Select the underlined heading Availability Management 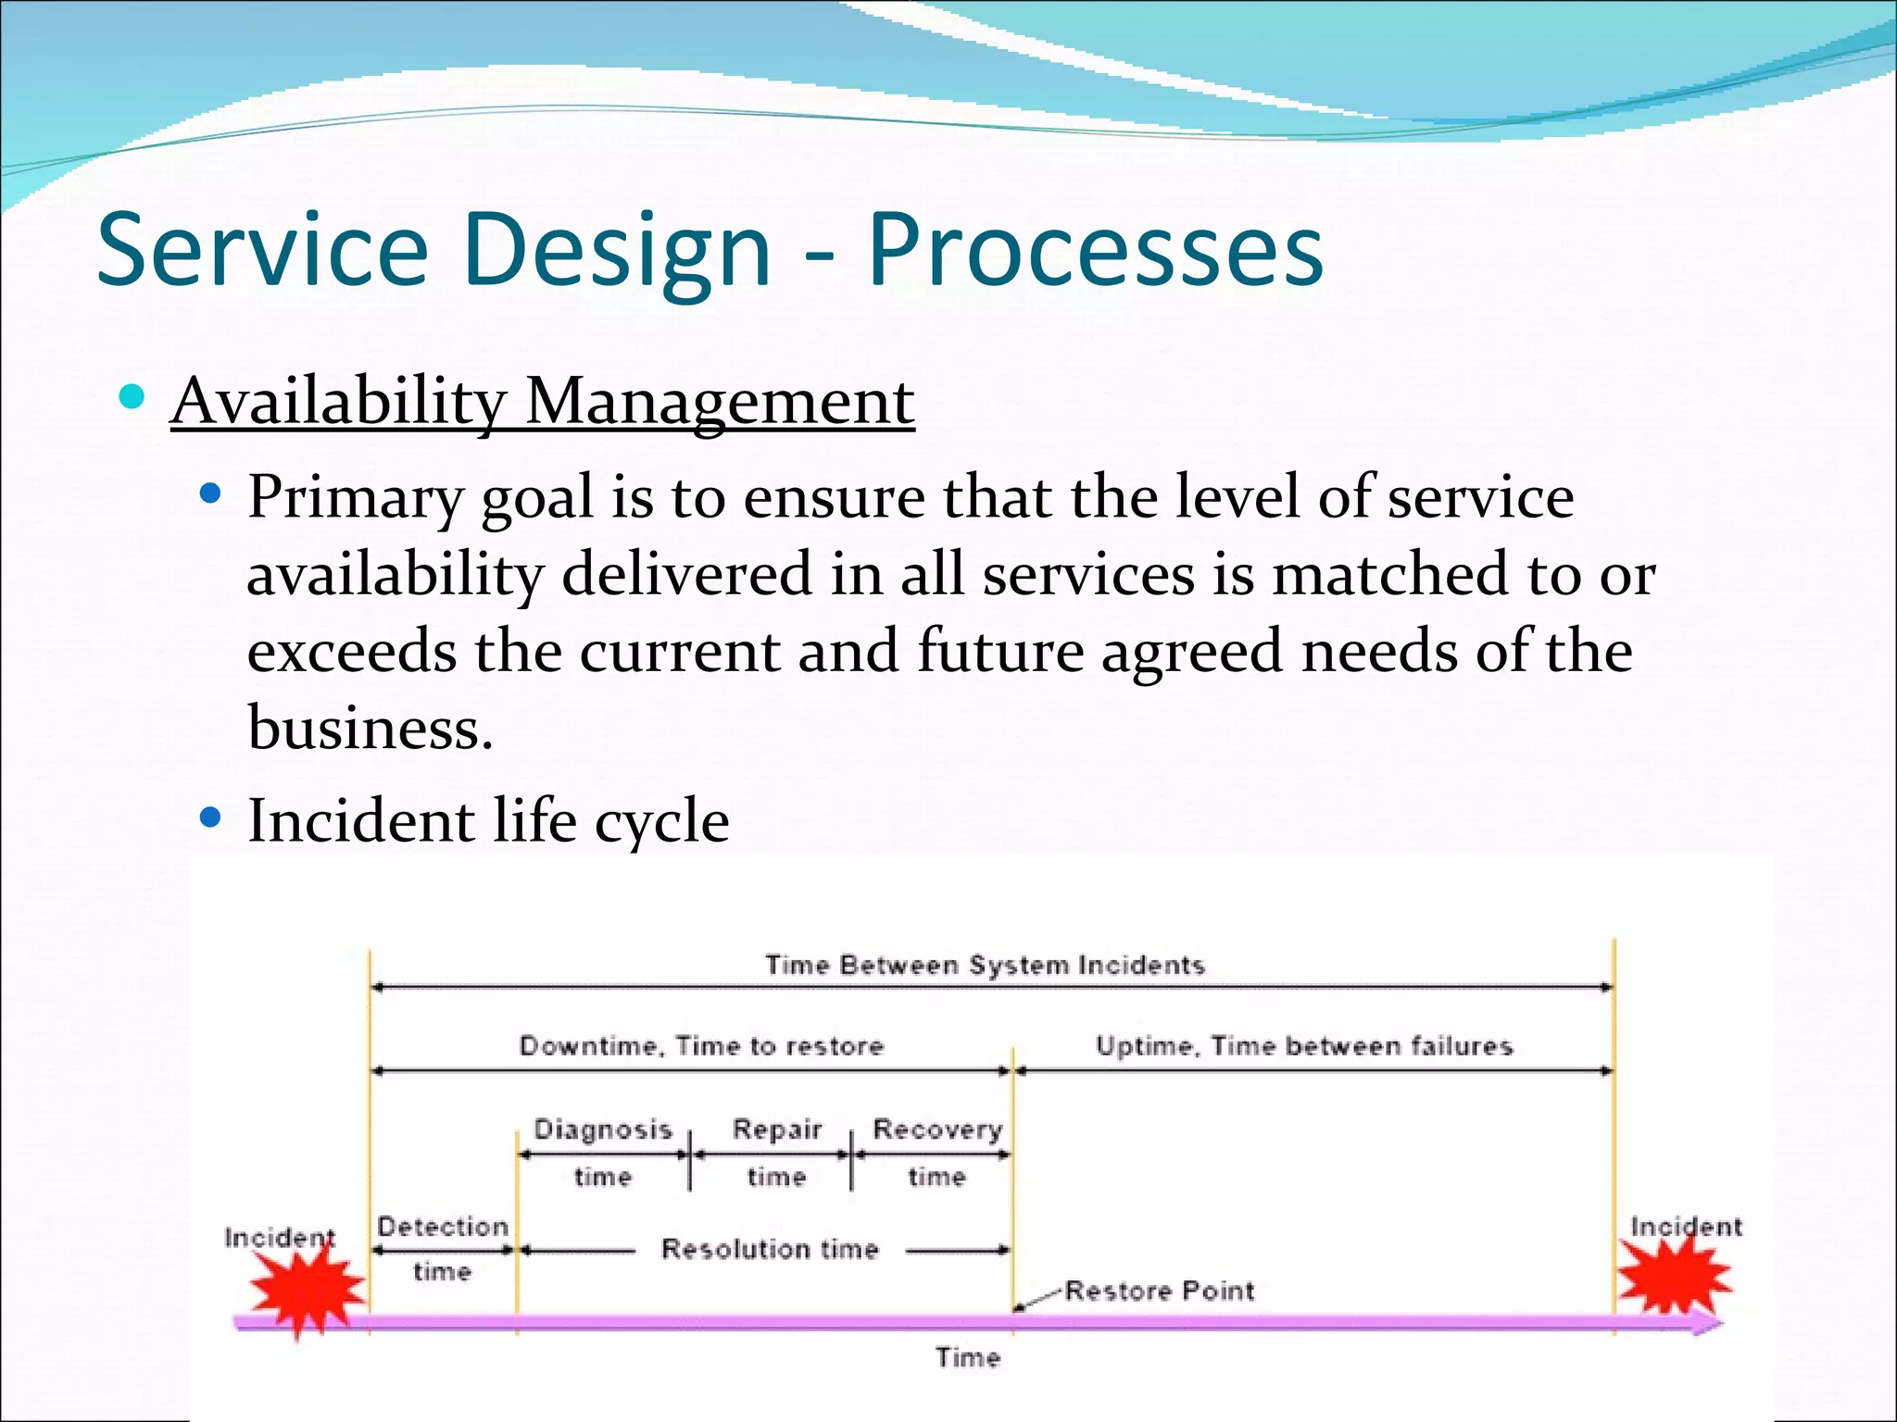pos(543,402)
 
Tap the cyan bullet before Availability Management pos(132,398)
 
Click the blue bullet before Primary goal pos(211,494)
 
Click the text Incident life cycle pos(488,820)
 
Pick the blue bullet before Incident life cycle pos(211,817)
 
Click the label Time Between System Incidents pos(985,966)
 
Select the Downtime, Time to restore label pos(701,1046)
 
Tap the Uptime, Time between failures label pos(1304,1046)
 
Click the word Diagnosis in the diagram pos(603,1129)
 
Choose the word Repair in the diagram pos(776,1129)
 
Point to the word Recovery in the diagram pos(937,1129)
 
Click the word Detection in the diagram pos(443,1227)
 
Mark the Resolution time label pos(770,1250)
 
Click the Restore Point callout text pos(1160,1291)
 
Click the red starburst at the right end pos(1673,1276)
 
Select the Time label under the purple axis pos(968,1358)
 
